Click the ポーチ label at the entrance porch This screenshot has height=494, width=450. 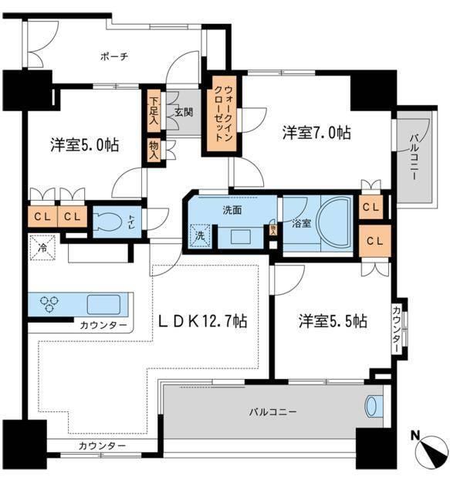pos(113,56)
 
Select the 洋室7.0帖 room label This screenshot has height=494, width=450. pos(316,133)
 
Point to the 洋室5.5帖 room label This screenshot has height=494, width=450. pos(333,321)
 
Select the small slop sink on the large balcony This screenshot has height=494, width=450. pos(372,405)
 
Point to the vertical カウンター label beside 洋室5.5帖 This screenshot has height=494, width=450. pos(396,330)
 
